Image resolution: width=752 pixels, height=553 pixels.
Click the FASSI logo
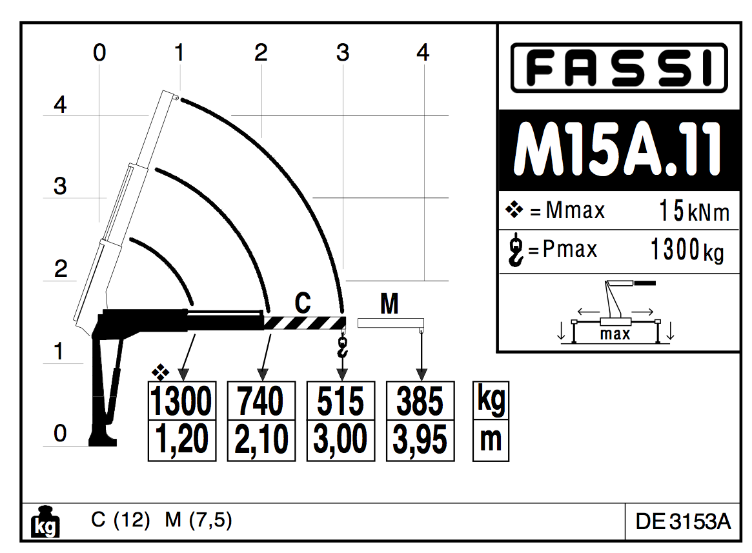click(x=618, y=67)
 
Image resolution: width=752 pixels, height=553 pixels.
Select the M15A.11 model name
click(x=618, y=150)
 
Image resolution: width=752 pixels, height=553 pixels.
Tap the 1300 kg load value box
click(x=181, y=401)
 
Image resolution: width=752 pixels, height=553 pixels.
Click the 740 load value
click(x=261, y=401)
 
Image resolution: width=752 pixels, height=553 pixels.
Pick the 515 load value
click(x=341, y=401)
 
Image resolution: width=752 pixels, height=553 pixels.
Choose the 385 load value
click(x=420, y=401)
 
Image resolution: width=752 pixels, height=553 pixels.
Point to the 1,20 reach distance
click(x=181, y=440)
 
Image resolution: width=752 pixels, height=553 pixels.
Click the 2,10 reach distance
click(x=261, y=440)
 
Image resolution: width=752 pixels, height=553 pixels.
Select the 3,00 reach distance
click(x=341, y=440)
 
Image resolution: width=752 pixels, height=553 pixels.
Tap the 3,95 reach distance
click(x=420, y=440)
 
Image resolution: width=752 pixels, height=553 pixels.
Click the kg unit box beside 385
click(x=491, y=400)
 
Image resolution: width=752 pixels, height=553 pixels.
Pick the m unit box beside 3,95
click(x=491, y=440)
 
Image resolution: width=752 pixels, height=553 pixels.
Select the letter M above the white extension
click(x=389, y=303)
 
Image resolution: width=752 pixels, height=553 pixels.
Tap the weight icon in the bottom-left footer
click(x=45, y=522)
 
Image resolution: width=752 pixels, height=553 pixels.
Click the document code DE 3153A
click(x=683, y=521)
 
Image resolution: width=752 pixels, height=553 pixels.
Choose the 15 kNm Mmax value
click(x=694, y=211)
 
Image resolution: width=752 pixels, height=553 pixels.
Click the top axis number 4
click(x=423, y=52)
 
